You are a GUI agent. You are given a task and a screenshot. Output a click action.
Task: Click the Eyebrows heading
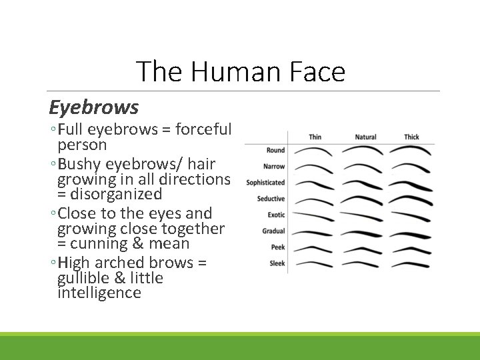coord(93,107)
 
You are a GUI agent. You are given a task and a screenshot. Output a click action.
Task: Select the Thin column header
coord(315,137)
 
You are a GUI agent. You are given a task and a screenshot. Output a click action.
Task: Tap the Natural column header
coord(365,137)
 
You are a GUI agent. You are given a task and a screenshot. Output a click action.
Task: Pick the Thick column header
coord(411,137)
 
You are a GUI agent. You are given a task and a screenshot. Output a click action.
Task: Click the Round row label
coord(275,151)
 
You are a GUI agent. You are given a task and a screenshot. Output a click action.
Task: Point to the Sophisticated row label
coord(265,183)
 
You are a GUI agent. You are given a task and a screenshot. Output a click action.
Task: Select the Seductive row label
coord(271,199)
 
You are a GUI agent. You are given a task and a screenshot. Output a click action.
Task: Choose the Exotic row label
coord(276,215)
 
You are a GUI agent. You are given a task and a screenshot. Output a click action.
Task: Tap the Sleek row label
coord(277,263)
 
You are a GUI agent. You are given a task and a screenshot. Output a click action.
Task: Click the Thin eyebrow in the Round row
coord(313,151)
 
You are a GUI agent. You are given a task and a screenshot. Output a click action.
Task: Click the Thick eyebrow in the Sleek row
coord(411,264)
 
